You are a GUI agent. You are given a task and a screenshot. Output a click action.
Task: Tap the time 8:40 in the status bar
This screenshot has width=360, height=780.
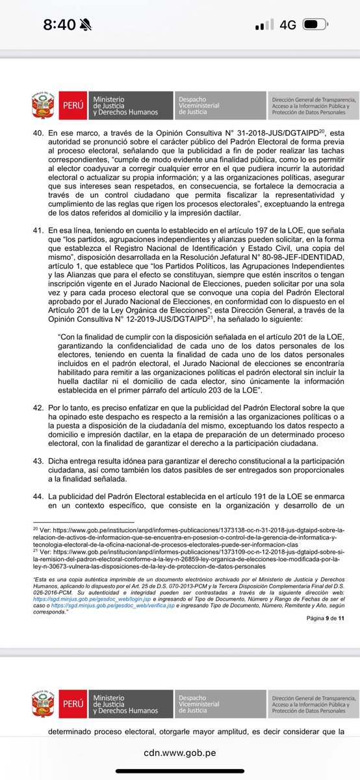pos(59,25)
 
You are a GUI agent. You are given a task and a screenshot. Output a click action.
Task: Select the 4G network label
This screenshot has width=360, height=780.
pos(288,25)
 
